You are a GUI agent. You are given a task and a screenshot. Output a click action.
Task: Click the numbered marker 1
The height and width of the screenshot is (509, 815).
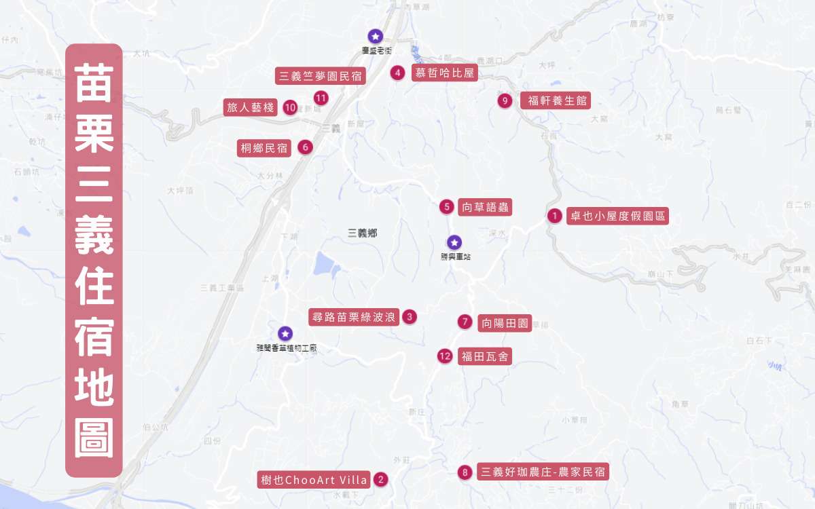pos(554,216)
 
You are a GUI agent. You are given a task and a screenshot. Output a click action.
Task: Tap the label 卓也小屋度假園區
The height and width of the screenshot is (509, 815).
pos(617,216)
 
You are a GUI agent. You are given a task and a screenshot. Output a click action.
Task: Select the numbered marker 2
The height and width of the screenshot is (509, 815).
pos(381,480)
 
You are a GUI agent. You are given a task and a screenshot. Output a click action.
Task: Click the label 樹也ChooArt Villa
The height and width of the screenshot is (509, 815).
pos(314,480)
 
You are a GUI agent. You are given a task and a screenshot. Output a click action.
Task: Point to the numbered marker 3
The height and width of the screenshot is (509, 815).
pos(409,316)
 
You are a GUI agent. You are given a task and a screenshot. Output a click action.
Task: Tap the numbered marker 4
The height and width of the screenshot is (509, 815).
pos(398,73)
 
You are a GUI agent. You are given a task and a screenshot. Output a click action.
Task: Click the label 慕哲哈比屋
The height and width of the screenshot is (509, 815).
pos(444,73)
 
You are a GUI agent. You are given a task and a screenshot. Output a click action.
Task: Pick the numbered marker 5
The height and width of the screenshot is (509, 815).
pos(446,207)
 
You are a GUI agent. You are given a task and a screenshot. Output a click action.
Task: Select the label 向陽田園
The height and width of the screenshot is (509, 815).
pos(504,322)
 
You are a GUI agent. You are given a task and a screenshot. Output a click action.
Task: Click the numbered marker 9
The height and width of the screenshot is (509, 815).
pos(504,101)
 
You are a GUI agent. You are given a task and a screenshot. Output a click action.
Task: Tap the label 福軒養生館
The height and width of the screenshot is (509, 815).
pos(555,101)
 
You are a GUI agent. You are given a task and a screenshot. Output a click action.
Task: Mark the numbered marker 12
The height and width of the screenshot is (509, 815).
pos(445,356)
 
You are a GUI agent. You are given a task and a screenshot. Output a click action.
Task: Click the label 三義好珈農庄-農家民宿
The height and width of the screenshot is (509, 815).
pos(543,472)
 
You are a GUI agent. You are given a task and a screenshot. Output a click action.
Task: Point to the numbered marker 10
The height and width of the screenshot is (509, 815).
pos(290,107)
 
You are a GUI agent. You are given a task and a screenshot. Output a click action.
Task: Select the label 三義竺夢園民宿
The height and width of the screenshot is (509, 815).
pos(321,75)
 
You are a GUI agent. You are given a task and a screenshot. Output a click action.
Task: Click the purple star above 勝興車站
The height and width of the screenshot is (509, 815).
pos(454,242)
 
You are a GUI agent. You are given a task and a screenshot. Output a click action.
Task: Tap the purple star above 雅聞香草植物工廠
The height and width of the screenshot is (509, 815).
pos(285,333)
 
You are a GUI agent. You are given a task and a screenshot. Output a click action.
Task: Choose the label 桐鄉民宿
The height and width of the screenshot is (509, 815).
pos(264,147)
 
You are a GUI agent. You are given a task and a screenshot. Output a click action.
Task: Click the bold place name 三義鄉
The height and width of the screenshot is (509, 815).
pos(362,233)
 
